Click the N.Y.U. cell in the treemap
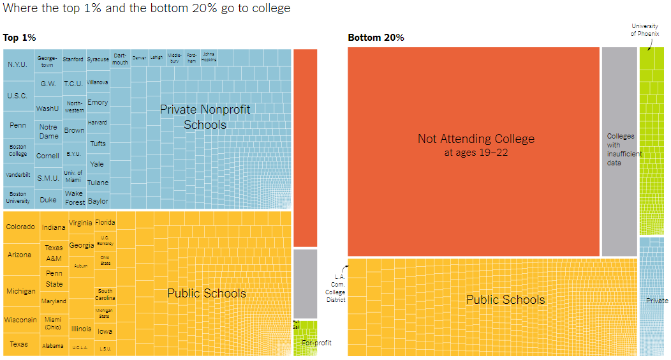point(18,64)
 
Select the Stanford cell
point(73,59)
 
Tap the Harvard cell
point(97,123)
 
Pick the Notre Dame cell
point(48,131)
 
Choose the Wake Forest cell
point(75,198)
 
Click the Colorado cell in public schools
point(20,227)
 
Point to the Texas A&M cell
point(54,253)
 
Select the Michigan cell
point(21,291)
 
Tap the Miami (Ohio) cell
point(53,323)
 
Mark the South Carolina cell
point(105,294)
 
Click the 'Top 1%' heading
point(19,38)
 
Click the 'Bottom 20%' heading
point(376,38)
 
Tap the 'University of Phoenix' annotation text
point(644,29)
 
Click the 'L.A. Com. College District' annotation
point(335,288)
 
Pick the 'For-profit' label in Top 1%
point(316,343)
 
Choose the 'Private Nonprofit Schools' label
point(205,117)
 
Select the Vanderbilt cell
point(18,174)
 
